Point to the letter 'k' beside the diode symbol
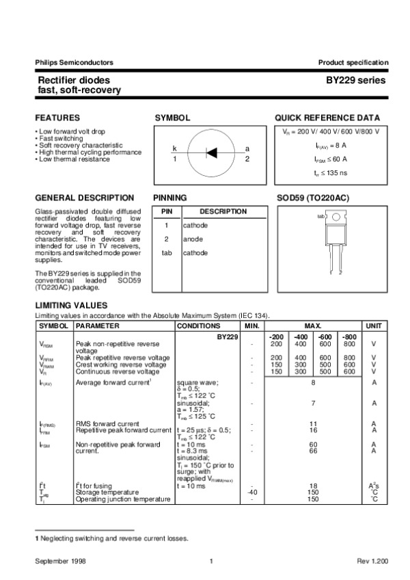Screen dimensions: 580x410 tap(174, 148)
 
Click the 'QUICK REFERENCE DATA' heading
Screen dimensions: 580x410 tap(327, 118)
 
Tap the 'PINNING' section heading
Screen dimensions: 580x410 tap(170, 198)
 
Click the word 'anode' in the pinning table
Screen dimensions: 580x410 tap(192, 239)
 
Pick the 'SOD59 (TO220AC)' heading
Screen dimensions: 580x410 tap(312, 198)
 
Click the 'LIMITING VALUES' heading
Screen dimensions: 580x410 tap(71, 306)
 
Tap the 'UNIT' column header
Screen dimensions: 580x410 tap(374, 326)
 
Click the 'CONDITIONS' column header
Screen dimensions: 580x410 tap(198, 326)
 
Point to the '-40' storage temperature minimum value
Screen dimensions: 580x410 tap(252, 492)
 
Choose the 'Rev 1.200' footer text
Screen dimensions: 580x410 tap(372, 561)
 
